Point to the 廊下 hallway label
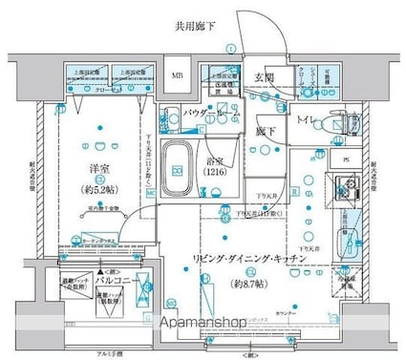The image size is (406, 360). (267, 130)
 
